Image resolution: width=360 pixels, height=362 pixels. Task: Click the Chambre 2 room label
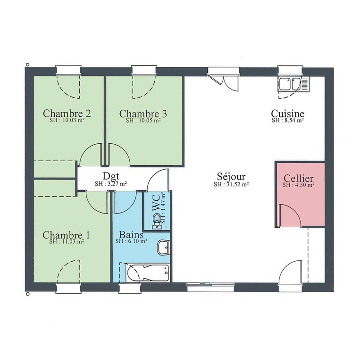tap(67, 114)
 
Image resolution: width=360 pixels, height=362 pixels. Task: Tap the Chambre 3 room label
tap(143, 114)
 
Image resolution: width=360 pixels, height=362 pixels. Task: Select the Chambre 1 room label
tap(66, 235)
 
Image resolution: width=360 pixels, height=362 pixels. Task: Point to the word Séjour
tap(231, 177)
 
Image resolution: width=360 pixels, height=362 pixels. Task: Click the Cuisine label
tap(287, 114)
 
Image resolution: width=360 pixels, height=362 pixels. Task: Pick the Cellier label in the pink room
tap(299, 178)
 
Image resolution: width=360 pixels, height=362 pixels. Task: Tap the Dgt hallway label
tap(111, 176)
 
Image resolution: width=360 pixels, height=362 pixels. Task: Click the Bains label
tap(131, 235)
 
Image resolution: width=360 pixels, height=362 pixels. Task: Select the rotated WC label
tap(157, 203)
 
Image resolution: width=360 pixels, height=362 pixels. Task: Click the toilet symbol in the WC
tap(157, 221)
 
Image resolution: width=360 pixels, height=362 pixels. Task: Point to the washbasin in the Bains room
tap(164, 247)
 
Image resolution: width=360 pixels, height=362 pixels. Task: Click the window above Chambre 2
tap(68, 70)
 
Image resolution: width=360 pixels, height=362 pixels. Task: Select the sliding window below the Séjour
tap(210, 287)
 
